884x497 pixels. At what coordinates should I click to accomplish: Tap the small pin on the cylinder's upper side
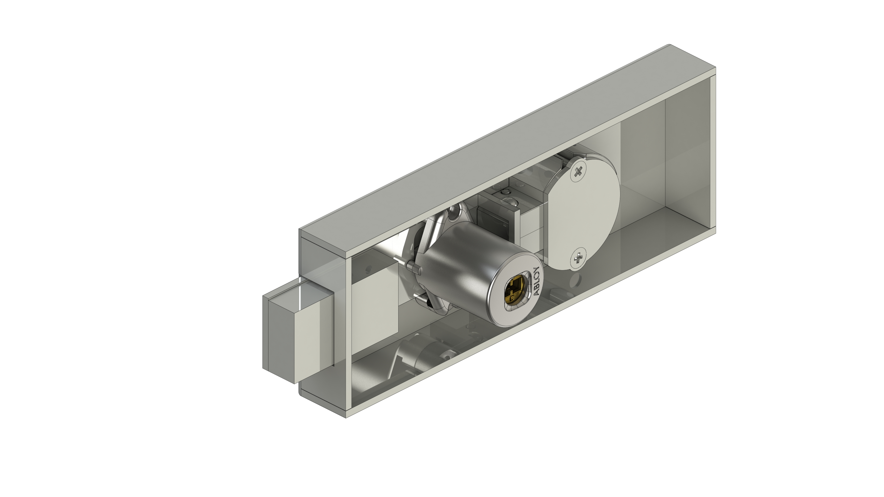(x=413, y=266)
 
